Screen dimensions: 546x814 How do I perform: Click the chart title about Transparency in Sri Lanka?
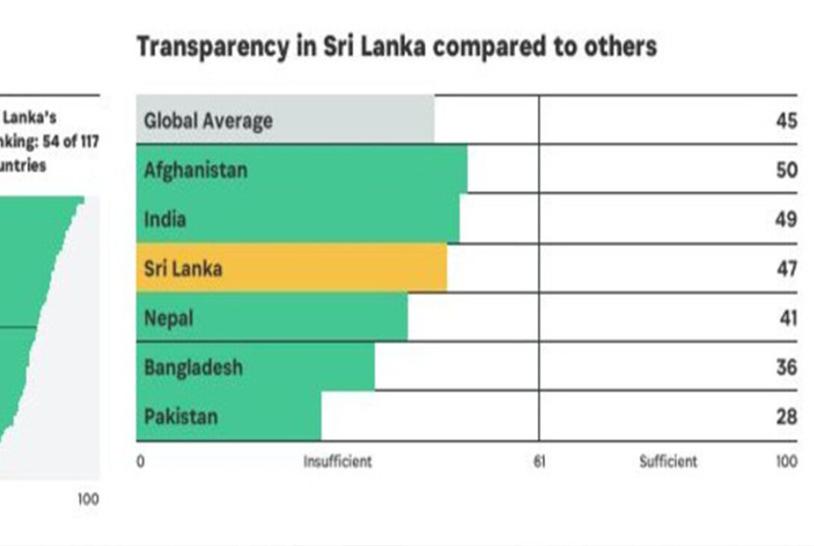click(x=396, y=47)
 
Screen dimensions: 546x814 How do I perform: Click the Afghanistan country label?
click(x=195, y=170)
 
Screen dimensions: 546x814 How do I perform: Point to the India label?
click(x=164, y=219)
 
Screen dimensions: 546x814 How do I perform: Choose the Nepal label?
click(x=168, y=318)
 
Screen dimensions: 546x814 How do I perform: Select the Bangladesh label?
click(x=193, y=367)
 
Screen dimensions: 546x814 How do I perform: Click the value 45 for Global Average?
click(x=786, y=120)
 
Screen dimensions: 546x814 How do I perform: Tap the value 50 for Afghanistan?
click(x=786, y=170)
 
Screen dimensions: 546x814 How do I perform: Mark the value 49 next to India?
click(x=786, y=219)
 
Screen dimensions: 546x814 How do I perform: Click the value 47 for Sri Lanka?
click(x=786, y=269)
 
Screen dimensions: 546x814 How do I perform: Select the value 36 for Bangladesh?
click(x=786, y=367)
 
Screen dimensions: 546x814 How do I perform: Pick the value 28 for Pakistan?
click(x=786, y=417)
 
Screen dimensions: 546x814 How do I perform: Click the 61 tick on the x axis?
click(x=539, y=461)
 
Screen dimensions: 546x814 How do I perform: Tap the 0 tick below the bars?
click(x=141, y=461)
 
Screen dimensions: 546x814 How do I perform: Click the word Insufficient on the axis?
click(x=337, y=461)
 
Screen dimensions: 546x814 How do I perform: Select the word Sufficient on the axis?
click(x=668, y=461)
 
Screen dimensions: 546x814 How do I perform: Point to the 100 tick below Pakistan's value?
click(x=786, y=461)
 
